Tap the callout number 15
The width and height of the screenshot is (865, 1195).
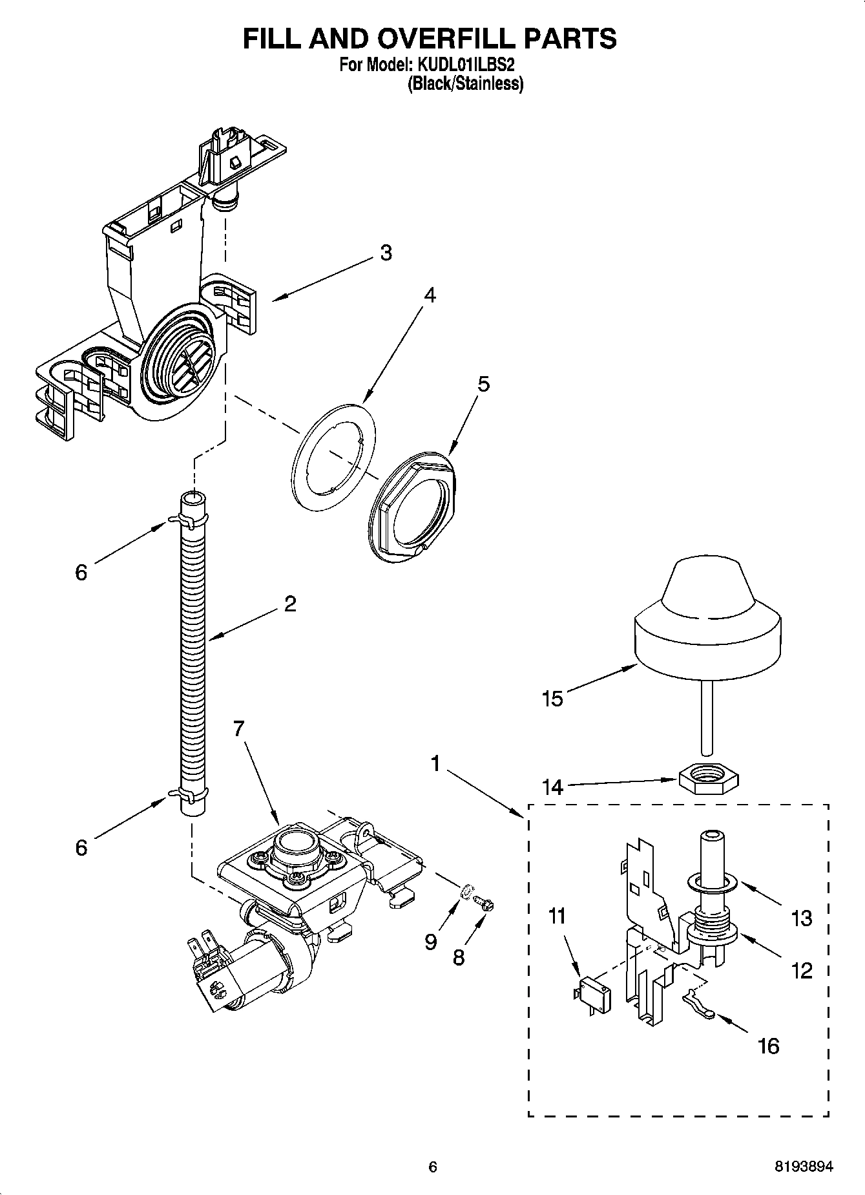pos(553,699)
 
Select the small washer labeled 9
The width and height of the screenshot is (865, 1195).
pos(466,894)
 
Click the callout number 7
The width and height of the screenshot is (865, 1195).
pos(238,729)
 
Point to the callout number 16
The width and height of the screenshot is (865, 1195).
pos(768,1045)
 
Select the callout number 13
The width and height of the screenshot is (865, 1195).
pos(801,918)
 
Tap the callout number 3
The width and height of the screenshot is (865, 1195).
pos(386,253)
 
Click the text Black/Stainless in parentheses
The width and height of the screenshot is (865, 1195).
pos(464,83)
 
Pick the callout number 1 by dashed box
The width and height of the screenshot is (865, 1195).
pos(435,765)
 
